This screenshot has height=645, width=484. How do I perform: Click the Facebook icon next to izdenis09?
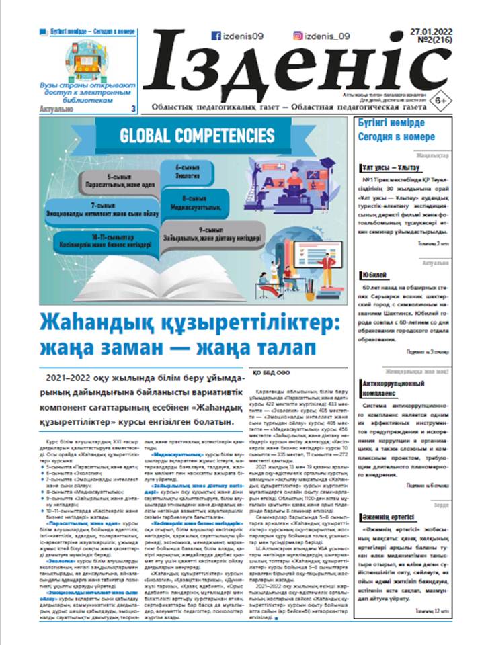[x=216, y=36]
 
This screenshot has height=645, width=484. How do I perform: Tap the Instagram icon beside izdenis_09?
[x=297, y=36]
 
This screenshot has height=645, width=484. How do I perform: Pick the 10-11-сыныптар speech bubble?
[x=101, y=241]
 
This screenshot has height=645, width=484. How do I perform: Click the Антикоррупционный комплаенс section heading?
[x=389, y=386]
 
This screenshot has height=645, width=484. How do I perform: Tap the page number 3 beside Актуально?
[x=132, y=107]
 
